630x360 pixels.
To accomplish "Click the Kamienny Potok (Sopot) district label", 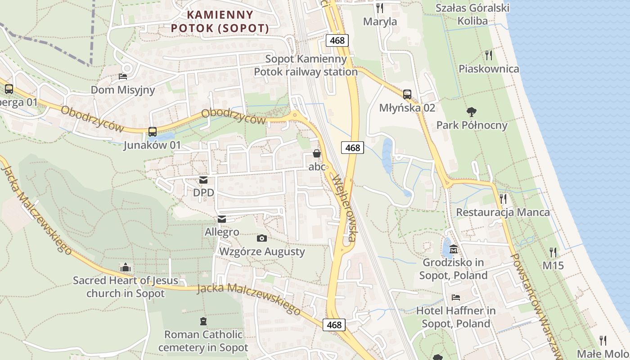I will [x=220, y=22].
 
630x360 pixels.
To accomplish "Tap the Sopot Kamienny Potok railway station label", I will [x=306, y=65].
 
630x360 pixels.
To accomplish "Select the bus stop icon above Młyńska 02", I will [x=407, y=94].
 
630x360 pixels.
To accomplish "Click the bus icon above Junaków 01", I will [x=153, y=132].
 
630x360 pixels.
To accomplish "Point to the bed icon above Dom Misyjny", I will [x=123, y=76].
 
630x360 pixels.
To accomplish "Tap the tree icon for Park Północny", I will [x=472, y=112].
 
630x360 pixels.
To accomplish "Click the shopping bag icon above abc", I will [x=317, y=153].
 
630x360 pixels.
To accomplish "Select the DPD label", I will [x=203, y=193].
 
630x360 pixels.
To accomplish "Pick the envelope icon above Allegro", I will [x=222, y=219].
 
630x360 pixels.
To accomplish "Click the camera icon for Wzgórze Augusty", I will [x=261, y=238].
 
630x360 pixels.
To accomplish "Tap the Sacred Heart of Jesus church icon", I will [x=126, y=267].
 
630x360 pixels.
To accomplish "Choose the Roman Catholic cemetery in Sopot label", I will [x=203, y=341].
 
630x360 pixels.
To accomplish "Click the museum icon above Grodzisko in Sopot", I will [x=454, y=249].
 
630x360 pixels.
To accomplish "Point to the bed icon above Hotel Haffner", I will [x=456, y=297].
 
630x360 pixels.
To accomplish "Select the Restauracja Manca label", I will [x=503, y=212].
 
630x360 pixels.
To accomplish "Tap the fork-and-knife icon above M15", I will [x=553, y=252].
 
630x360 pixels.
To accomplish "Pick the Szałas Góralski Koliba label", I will [x=472, y=14].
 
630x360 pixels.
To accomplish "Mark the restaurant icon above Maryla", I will [x=380, y=8].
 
